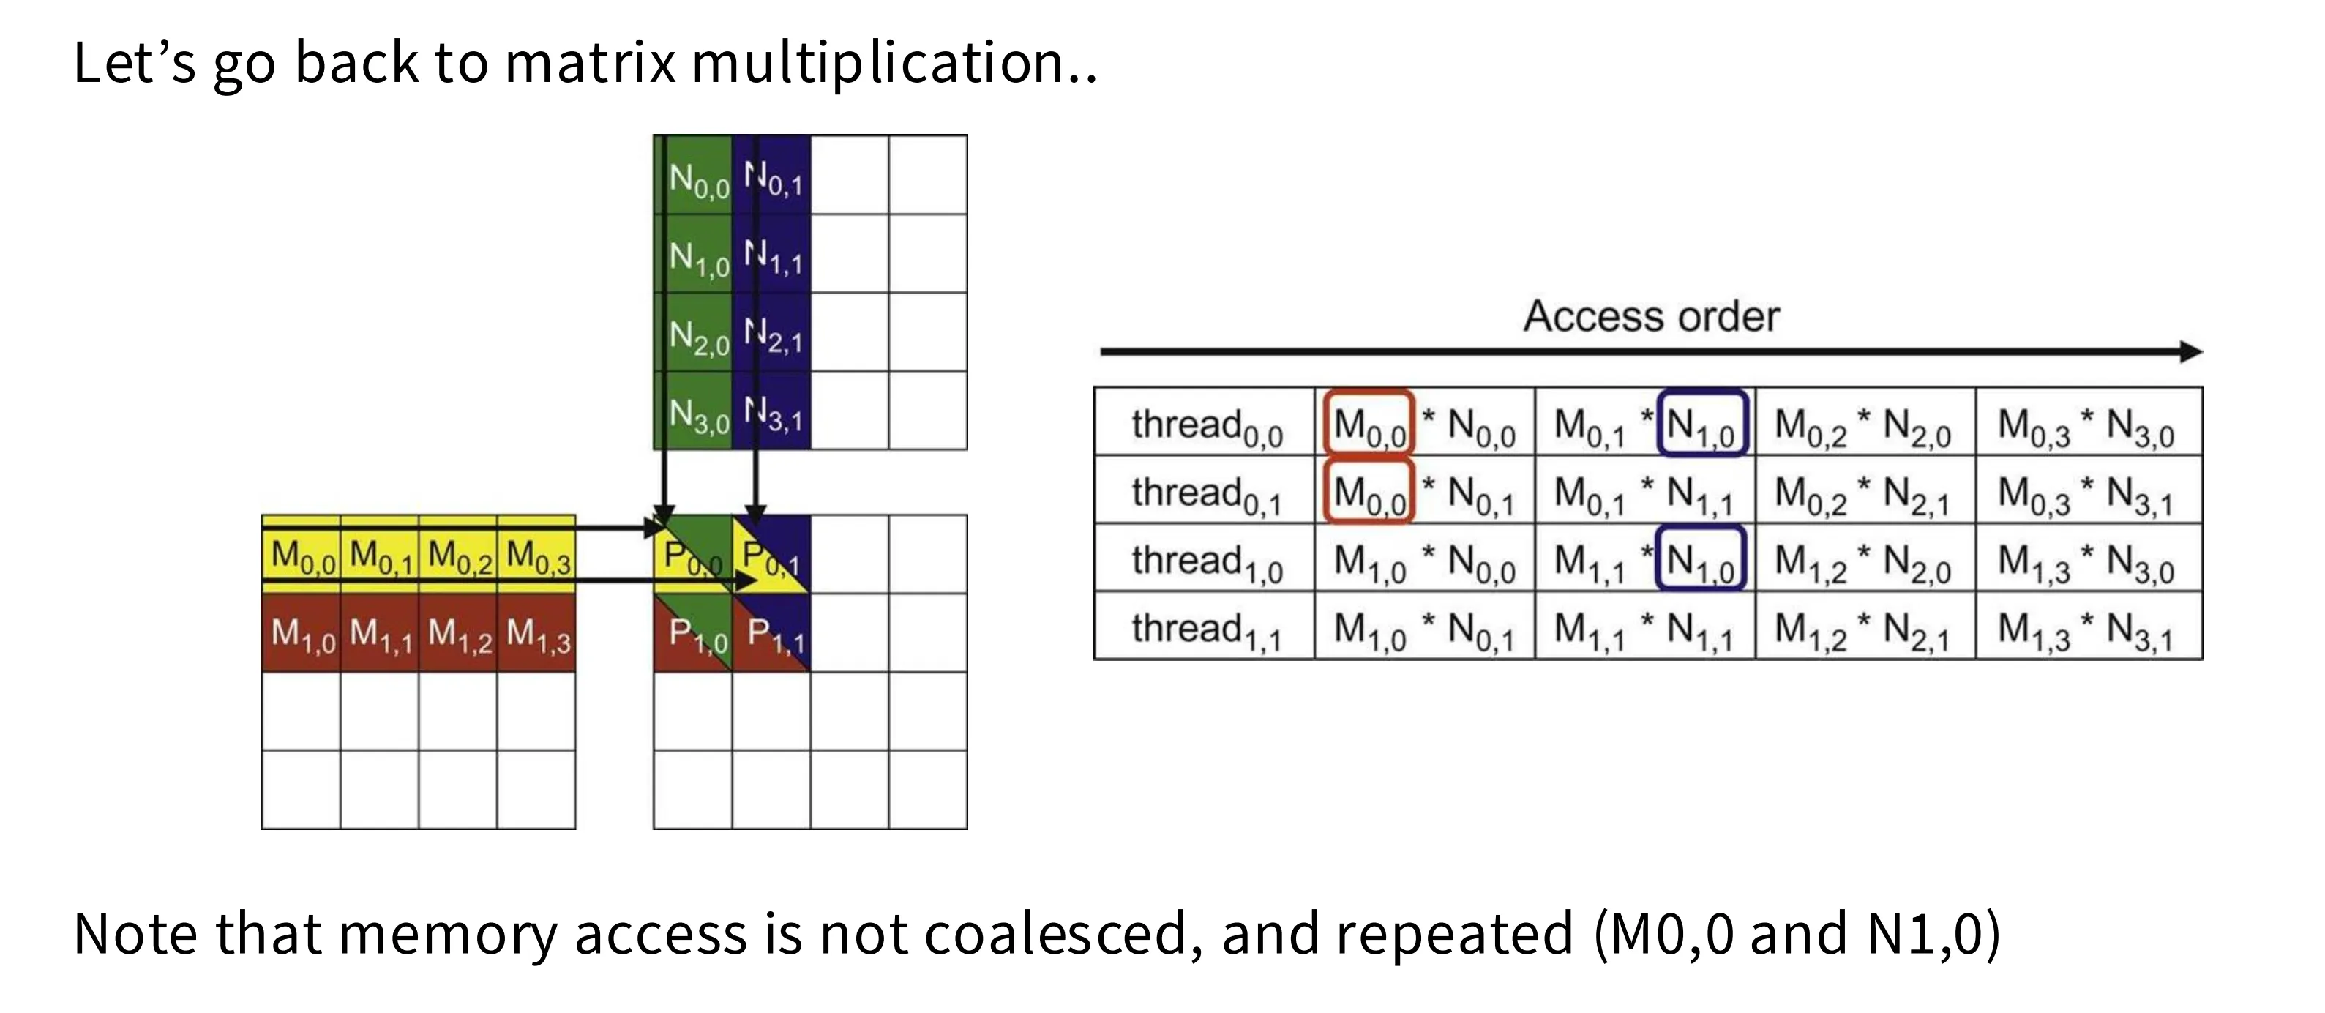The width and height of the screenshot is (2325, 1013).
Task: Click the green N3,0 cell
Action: pyautogui.click(x=693, y=410)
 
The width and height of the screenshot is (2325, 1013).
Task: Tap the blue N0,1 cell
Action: pyautogui.click(x=771, y=174)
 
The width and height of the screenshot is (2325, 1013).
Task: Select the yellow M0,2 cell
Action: pyautogui.click(x=457, y=554)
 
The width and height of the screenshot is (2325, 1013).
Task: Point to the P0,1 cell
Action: pyautogui.click(x=771, y=554)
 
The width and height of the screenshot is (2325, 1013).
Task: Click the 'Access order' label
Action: pyautogui.click(x=1652, y=316)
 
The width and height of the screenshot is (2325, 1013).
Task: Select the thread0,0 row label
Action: pyautogui.click(x=1207, y=426)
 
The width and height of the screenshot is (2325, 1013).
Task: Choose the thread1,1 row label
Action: pyautogui.click(x=1207, y=630)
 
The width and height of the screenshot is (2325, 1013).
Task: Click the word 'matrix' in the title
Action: pyautogui.click(x=591, y=62)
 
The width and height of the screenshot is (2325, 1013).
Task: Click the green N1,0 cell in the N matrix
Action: pyautogui.click(x=693, y=253)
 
